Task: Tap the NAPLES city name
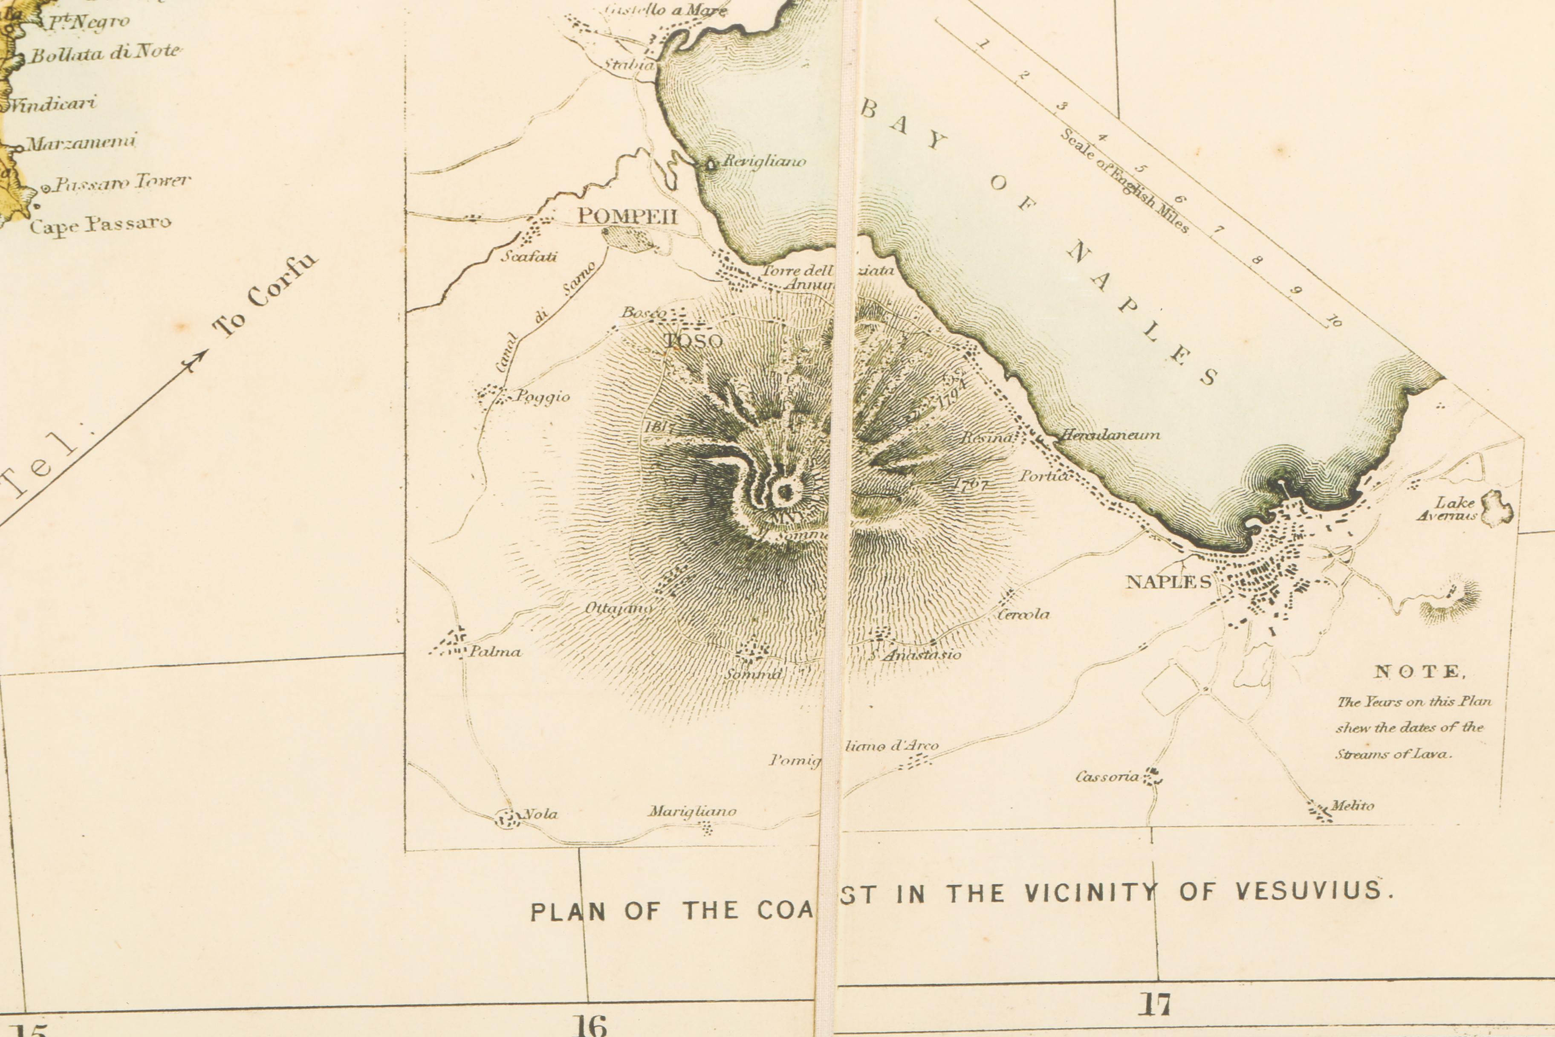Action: [1168, 582]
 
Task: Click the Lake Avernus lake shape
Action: [1497, 508]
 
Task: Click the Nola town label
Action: [540, 814]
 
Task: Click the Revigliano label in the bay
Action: [764, 161]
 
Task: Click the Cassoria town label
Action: [1107, 776]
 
